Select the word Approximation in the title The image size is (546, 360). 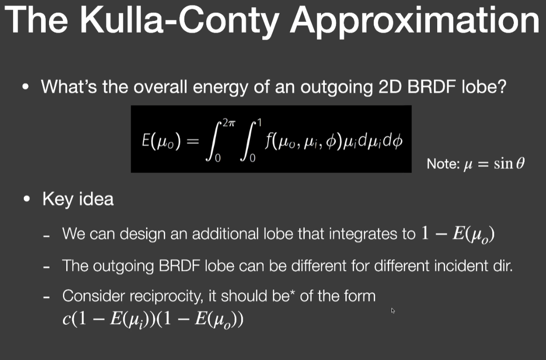point(415,21)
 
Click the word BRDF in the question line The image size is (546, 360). point(432,86)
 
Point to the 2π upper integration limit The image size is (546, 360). point(229,123)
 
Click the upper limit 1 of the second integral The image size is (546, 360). point(259,123)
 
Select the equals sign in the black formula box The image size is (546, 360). point(193,141)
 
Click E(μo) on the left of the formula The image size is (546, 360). point(161,141)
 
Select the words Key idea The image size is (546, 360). point(78,199)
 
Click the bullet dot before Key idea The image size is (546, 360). point(27,199)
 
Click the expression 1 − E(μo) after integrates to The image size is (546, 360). point(457,234)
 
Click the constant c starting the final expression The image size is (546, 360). point(67,319)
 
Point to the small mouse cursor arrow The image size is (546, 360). point(393,311)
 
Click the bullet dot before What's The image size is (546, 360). point(25,87)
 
